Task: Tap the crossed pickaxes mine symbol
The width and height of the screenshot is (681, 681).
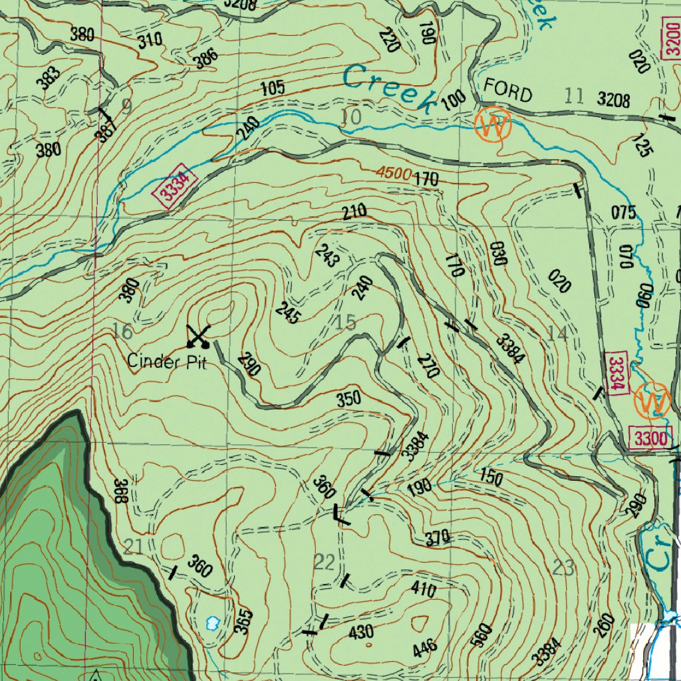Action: coord(198,337)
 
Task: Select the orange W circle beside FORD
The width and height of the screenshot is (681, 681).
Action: coord(493,124)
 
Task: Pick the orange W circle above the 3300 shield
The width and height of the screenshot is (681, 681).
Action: coord(652,401)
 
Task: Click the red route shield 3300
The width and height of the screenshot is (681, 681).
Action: coord(650,438)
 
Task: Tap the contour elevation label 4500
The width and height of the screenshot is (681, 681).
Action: coord(392,173)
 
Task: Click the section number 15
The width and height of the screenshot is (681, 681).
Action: coord(346,323)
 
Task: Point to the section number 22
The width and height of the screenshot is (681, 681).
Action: coord(325,563)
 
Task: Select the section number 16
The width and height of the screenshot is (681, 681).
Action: coord(122,332)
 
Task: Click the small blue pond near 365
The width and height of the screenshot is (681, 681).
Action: coord(213,623)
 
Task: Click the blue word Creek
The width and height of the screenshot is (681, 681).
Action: coord(389,87)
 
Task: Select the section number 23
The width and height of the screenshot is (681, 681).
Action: coord(563,567)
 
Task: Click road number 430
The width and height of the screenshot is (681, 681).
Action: coord(361,632)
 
